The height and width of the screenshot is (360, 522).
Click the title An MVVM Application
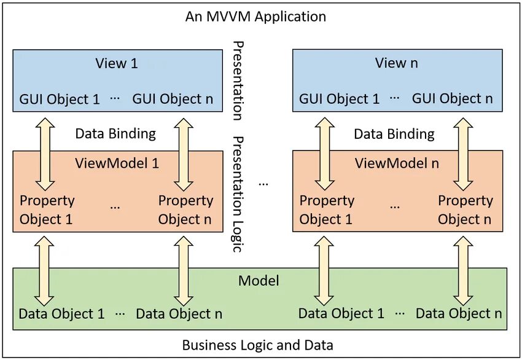(x=255, y=17)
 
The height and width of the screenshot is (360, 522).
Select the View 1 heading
(x=117, y=63)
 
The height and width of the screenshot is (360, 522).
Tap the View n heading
(x=396, y=63)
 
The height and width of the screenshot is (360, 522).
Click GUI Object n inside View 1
(x=173, y=99)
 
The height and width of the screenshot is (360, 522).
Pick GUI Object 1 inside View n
(x=339, y=99)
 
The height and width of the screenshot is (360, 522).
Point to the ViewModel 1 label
(x=117, y=163)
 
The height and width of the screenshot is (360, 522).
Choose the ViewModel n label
(x=397, y=163)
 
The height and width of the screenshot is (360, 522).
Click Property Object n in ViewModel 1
(x=185, y=210)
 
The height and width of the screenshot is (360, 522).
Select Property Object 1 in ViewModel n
(x=327, y=210)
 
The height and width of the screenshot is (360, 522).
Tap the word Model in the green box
(x=259, y=281)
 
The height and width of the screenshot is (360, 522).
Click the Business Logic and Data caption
(x=258, y=345)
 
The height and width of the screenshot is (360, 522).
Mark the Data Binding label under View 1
(x=115, y=134)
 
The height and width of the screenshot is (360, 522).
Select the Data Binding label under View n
(x=394, y=134)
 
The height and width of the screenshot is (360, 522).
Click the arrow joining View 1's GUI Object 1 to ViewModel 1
(x=45, y=154)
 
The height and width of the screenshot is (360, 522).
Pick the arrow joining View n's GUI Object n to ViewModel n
(x=463, y=154)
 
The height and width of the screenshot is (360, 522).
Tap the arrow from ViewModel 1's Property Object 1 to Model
(x=44, y=271)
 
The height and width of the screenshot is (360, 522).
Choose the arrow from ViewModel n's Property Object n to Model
(x=463, y=271)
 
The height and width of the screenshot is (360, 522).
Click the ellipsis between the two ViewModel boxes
(x=263, y=184)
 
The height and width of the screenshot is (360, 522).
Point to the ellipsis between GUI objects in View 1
(x=115, y=99)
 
